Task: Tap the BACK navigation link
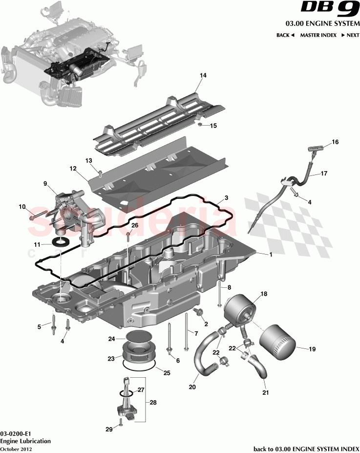click(x=285, y=35)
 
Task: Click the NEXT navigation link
click(x=350, y=35)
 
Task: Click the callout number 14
click(x=203, y=75)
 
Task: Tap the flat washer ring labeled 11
click(x=61, y=243)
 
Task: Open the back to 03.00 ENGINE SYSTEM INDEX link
click(x=306, y=449)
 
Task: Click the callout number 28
click(x=153, y=403)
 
